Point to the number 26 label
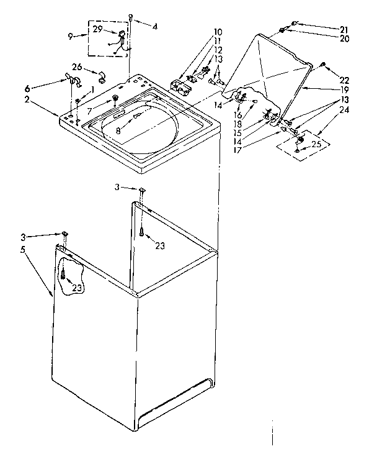76,67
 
